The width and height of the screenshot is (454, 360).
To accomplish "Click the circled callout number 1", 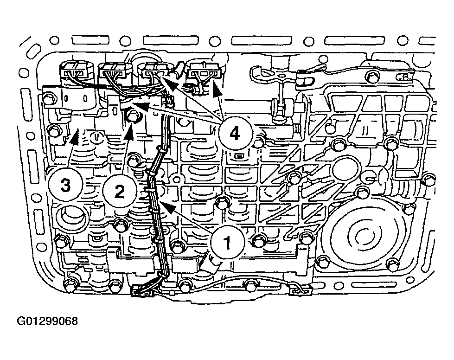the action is pos(228,243).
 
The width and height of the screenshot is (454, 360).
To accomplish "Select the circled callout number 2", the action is pos(119,191).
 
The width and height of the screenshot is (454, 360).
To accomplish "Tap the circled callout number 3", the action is pos(66,185).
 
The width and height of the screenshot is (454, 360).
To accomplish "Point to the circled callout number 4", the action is pos(235,134).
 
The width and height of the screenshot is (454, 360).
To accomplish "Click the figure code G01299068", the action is pos(47,321).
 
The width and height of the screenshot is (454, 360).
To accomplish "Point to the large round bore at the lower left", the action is pos(68,217).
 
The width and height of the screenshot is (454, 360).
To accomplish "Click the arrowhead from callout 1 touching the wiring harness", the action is pos(167,206).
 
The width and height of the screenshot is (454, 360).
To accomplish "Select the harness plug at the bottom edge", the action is pos(143,290).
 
